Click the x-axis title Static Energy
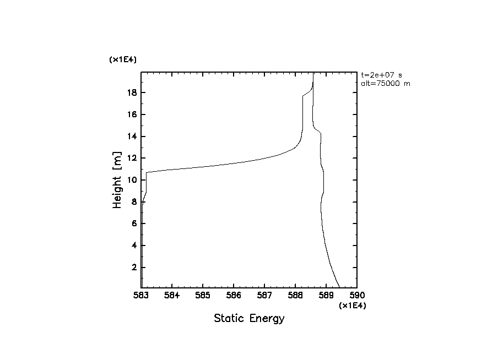pyautogui.click(x=249, y=318)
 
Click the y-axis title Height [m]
pyautogui.click(x=117, y=180)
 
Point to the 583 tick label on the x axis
pyautogui.click(x=141, y=297)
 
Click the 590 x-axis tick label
pyautogui.click(x=357, y=297)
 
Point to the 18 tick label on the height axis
pyautogui.click(x=132, y=92)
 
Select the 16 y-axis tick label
pyautogui.click(x=132, y=114)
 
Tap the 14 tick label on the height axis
pyautogui.click(x=132, y=137)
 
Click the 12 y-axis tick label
pyautogui.click(x=132, y=158)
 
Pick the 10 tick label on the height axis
pyautogui.click(x=132, y=180)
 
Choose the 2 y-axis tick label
pyautogui.click(x=134, y=268)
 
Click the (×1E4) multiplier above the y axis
pyautogui.click(x=122, y=60)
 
